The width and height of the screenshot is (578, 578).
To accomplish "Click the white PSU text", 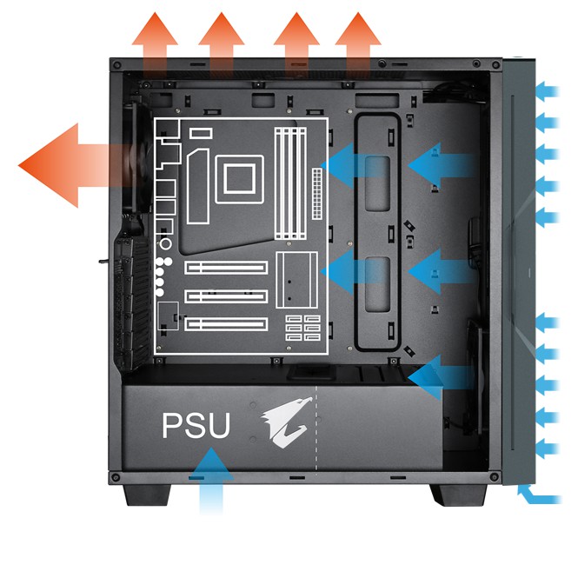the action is tap(196, 425).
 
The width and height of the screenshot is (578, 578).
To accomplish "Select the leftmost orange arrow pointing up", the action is tap(155, 44).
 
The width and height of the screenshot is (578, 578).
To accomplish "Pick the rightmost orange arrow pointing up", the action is tap(358, 44).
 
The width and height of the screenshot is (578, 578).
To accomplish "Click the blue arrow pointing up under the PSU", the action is tap(211, 479).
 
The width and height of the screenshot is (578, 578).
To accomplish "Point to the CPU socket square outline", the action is tap(240, 179).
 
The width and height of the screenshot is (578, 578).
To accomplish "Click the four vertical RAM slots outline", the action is tap(291, 183).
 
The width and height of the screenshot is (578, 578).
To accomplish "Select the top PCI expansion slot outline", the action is tap(226, 267).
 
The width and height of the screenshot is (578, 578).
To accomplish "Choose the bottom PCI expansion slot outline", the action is tap(226, 324).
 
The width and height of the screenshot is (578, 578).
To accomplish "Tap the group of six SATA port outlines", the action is tap(303, 328).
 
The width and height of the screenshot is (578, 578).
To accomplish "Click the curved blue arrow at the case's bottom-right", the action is tap(539, 495).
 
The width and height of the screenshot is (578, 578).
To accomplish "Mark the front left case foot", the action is tap(148, 495).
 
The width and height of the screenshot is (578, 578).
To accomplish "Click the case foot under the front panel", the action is tap(458, 495).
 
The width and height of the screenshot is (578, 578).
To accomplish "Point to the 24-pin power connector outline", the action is tap(317, 194).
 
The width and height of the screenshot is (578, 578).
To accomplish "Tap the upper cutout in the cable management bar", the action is tap(377, 183).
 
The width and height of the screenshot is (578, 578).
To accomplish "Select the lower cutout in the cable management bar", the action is tap(377, 284).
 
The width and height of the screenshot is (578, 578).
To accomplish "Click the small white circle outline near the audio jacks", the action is tap(166, 244).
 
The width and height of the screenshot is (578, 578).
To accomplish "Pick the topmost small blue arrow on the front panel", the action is tap(548, 91).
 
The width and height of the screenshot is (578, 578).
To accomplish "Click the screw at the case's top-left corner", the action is tap(117, 65).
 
